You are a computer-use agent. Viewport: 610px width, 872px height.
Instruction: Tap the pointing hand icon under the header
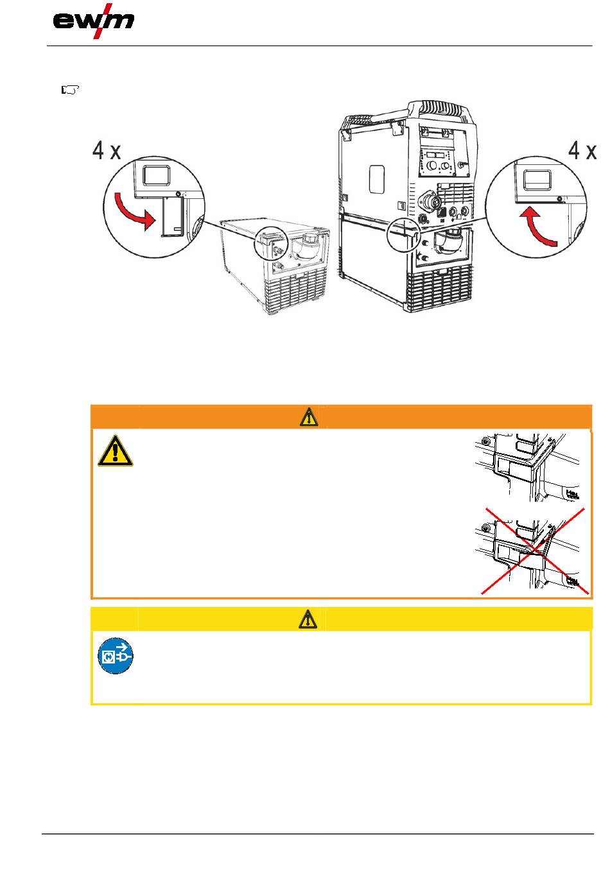(x=69, y=90)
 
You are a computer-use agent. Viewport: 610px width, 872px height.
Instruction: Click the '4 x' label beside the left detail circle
(x=107, y=151)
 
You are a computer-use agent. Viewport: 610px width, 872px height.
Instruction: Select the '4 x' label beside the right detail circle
(x=583, y=151)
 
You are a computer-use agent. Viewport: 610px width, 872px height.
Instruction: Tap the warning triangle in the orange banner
(x=309, y=417)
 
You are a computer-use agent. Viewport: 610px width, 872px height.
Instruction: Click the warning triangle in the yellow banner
(x=309, y=619)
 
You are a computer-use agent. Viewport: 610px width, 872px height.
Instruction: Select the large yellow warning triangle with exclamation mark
(x=116, y=450)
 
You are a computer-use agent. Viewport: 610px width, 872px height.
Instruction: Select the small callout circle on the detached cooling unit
(x=270, y=243)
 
